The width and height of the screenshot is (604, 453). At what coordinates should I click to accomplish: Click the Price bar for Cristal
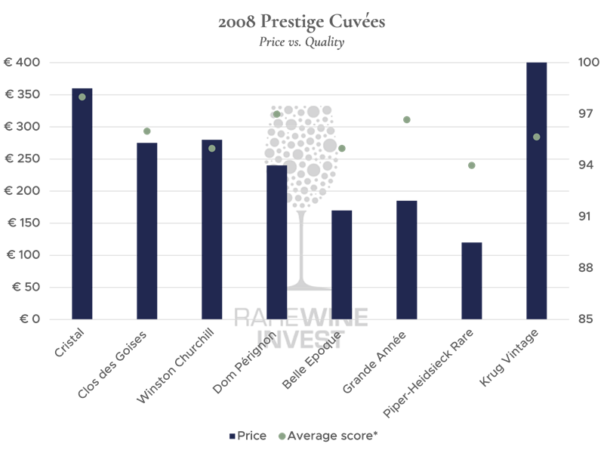tap(82, 204)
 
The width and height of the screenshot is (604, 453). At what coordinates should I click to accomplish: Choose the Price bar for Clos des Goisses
tap(147, 231)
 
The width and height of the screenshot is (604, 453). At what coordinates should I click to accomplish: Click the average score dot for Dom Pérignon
tap(277, 114)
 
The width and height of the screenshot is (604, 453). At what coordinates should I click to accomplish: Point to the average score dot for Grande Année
tap(407, 119)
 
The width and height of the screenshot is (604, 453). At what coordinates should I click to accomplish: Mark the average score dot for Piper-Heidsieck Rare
tap(472, 165)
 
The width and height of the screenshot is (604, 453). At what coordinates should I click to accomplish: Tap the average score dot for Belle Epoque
tap(342, 148)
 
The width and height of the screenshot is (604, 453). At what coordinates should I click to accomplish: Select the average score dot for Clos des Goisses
tap(147, 131)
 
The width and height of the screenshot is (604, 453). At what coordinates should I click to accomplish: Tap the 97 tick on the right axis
tap(564, 114)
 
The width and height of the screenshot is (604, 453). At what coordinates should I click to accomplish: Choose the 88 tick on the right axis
tap(564, 268)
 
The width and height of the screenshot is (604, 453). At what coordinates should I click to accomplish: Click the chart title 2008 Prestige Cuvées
tap(302, 23)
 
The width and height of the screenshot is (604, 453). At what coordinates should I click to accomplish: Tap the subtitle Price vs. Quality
tap(302, 42)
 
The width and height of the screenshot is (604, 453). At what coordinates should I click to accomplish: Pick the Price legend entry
tap(248, 436)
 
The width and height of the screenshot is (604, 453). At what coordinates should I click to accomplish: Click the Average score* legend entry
tap(328, 436)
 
